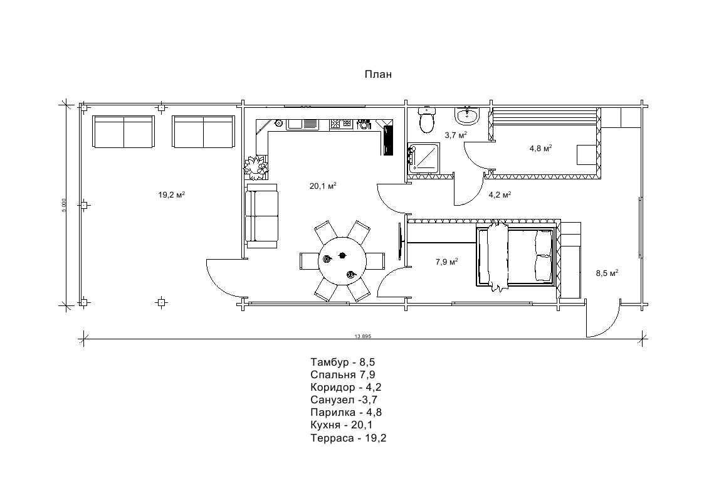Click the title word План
tap(378, 74)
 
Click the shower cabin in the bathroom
tap(424, 157)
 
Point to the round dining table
tap(343, 262)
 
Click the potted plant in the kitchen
tap(256, 167)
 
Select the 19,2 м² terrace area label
tap(172, 195)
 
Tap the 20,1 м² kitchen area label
tap(323, 186)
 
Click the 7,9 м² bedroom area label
tap(447, 262)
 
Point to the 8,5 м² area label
tap(607, 273)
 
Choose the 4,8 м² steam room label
tap(540, 148)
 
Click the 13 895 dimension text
tap(363, 336)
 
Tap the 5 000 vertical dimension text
tap(64, 205)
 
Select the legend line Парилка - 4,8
tap(346, 412)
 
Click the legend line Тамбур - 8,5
tap(342, 362)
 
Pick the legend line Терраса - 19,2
tap(349, 438)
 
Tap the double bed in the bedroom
tap(517, 256)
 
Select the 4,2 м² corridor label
tap(500, 195)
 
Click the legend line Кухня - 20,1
tap(342, 425)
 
